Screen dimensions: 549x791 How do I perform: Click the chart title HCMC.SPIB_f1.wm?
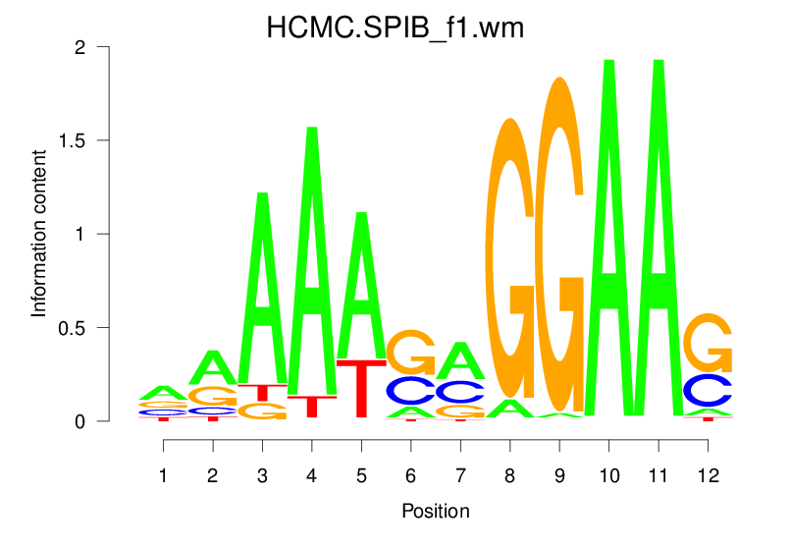point(395,28)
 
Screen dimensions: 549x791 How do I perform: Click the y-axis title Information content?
point(39,234)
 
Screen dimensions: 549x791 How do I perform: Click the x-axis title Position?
point(436,511)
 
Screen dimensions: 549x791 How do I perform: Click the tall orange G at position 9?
point(559,246)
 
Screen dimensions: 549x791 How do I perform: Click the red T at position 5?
point(361,388)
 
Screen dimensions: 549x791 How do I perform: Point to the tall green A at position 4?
point(312,265)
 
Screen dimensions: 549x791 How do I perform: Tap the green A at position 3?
point(262,295)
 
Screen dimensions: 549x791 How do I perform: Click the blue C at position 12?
point(708,390)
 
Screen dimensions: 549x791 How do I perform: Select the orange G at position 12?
point(708,343)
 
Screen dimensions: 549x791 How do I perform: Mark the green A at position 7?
point(460,361)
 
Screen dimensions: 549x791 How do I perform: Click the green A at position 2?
point(213,368)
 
